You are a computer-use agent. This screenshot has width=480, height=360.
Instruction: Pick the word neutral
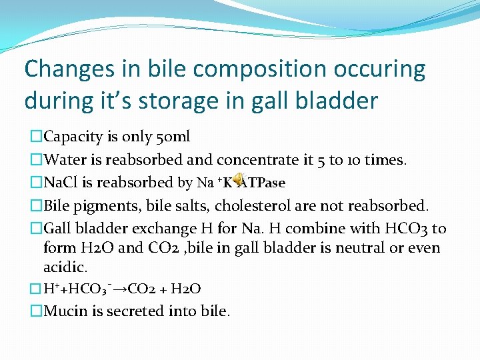click(x=382, y=248)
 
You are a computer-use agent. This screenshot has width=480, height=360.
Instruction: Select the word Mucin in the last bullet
click(x=63, y=311)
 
